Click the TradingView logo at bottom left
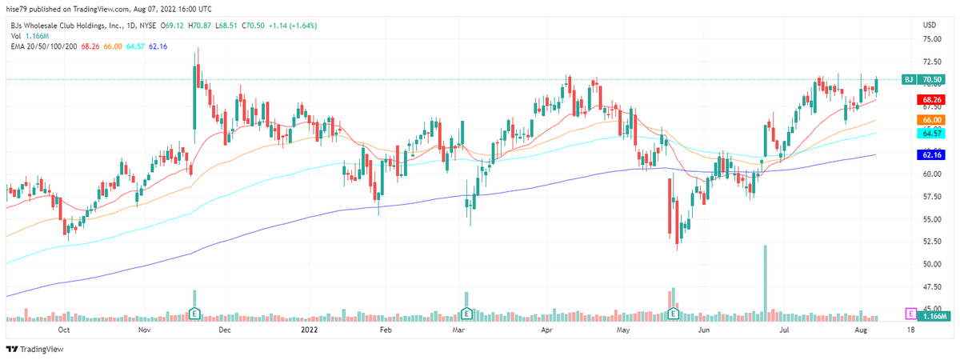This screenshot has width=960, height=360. pyautogui.click(x=35, y=349)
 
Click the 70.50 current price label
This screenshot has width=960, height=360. pyautogui.click(x=932, y=80)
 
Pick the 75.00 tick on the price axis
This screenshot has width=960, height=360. pyautogui.click(x=931, y=38)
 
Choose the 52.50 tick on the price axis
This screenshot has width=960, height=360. pyautogui.click(x=931, y=242)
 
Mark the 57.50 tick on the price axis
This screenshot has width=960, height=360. pyautogui.click(x=931, y=196)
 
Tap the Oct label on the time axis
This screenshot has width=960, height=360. pyautogui.click(x=65, y=329)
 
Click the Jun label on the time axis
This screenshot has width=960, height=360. pyautogui.click(x=704, y=329)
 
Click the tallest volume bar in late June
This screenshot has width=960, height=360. pyautogui.click(x=766, y=280)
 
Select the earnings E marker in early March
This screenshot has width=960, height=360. pyautogui.click(x=466, y=314)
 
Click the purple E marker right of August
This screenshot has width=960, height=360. pyautogui.click(x=910, y=314)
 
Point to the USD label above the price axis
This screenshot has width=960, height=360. pyautogui.click(x=931, y=25)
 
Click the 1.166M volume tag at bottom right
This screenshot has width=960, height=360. pyautogui.click(x=932, y=318)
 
